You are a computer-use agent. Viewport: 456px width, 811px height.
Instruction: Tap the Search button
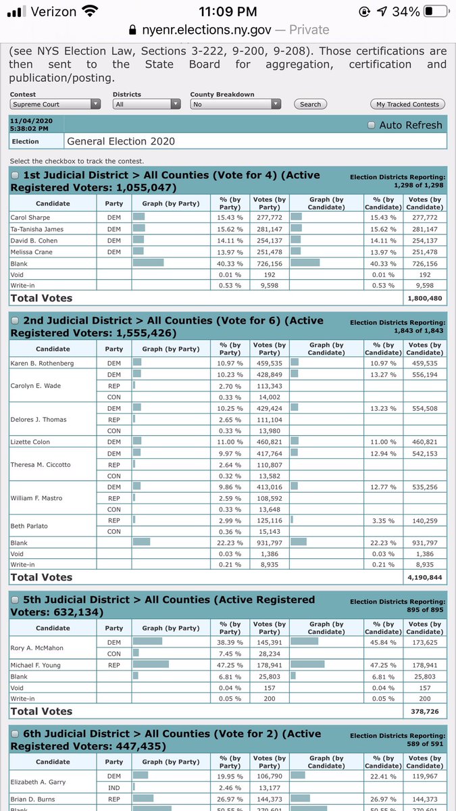310,104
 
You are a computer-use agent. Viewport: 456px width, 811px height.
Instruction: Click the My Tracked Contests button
407,104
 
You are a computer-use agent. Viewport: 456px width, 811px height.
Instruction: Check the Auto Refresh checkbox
371,125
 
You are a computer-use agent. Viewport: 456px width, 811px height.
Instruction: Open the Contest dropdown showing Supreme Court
55,104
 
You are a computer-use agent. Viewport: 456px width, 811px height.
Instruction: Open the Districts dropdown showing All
147,104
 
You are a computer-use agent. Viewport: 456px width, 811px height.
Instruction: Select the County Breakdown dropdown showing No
235,104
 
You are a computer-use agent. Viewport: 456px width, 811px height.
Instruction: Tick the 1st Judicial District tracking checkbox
15,176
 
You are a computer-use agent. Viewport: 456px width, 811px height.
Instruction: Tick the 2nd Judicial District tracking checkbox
15,321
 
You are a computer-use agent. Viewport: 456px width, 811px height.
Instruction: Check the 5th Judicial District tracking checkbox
15,600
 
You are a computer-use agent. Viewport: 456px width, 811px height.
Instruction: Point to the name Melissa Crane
31,252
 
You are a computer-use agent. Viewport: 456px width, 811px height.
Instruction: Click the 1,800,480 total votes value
424,298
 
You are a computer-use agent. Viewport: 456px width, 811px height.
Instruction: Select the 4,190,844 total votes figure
424,577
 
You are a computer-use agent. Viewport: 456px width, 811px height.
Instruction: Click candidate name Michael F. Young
36,665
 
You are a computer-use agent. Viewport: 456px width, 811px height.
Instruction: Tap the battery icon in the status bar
436,11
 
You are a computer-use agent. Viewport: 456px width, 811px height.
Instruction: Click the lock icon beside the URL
132,30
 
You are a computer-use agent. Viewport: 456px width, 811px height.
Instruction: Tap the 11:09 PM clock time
228,11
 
